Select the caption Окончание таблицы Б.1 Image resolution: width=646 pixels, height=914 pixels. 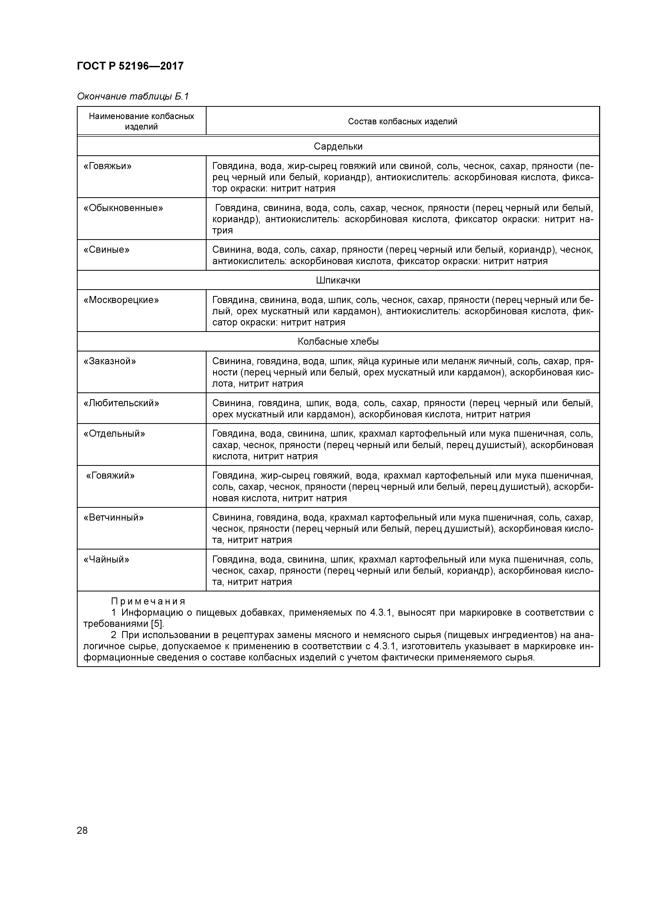133,96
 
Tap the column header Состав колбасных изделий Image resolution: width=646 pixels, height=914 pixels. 402,121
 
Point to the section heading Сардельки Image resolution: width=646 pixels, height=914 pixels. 338,146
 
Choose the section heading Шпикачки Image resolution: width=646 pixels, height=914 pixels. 338,280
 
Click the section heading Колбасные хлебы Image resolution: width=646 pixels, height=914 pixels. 338,342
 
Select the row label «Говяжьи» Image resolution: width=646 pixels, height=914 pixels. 108,166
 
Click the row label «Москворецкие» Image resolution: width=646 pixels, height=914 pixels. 121,300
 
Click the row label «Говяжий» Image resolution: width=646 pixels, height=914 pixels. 111,475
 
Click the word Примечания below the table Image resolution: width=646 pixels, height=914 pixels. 148,601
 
